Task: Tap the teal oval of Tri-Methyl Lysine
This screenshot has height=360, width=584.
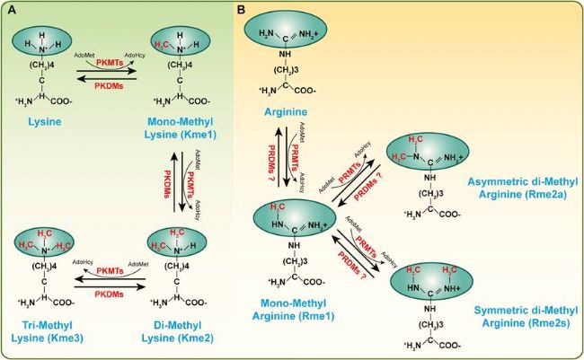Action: pos(42,244)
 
